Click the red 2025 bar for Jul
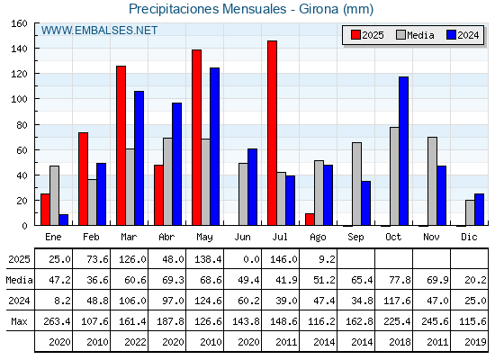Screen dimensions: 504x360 click(272, 133)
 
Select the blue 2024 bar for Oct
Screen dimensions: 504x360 click(404, 151)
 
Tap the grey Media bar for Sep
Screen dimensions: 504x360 click(356, 184)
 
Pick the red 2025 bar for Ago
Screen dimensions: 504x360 click(310, 220)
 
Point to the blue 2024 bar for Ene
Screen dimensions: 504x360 click(64, 220)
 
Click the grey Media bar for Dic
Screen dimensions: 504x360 click(470, 212)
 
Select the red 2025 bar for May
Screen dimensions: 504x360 click(197, 138)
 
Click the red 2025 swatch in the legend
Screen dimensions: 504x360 click(355, 35)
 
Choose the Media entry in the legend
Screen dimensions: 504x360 click(415, 35)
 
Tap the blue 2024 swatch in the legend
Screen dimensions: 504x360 click(451, 35)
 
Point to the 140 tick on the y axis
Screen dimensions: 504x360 click(36, 49)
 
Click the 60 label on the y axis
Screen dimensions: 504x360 click(22, 150)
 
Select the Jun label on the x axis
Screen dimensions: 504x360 click(242, 238)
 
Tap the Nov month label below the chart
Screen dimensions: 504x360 click(431, 237)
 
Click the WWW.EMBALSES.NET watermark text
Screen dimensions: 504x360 click(99, 31)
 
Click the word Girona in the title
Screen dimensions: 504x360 click(319, 9)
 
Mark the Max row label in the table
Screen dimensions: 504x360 click(19, 321)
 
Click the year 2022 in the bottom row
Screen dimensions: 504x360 click(135, 342)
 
